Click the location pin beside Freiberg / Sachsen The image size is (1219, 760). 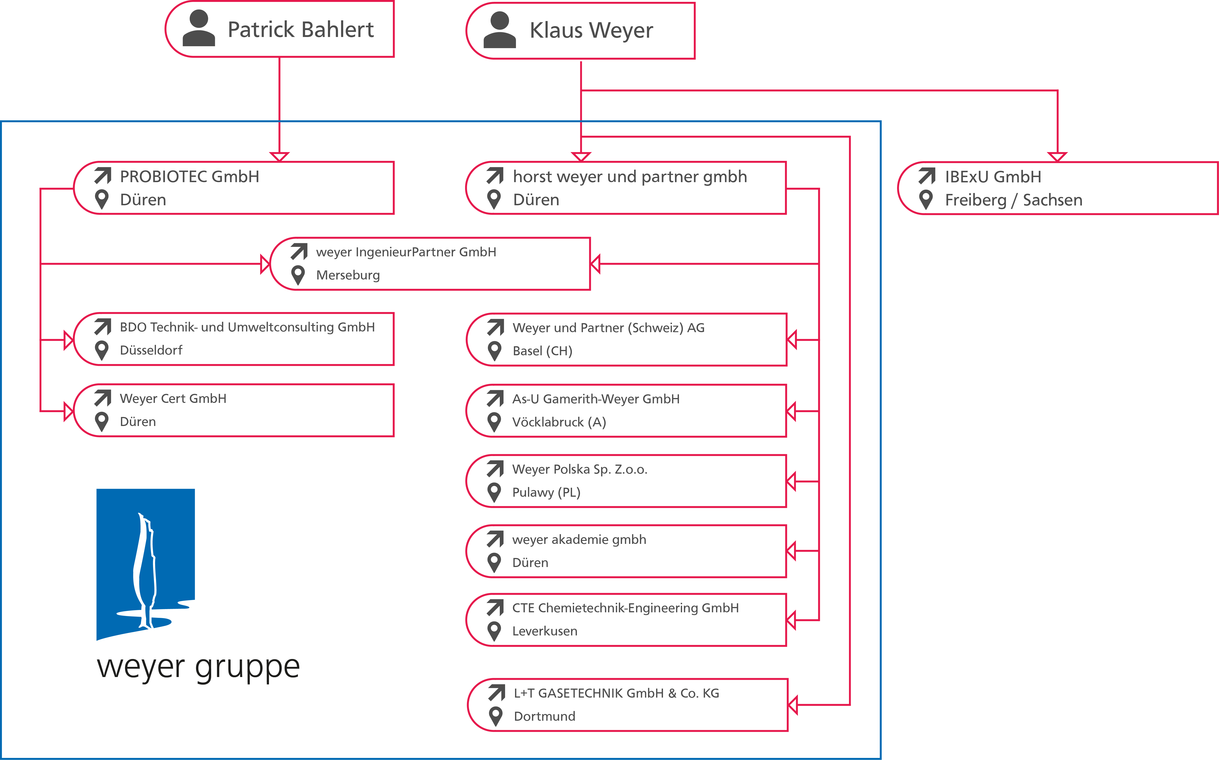point(926,199)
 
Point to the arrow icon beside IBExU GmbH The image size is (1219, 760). point(927,176)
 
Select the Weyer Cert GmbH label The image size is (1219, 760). point(173,398)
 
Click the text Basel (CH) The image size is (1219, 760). point(542,351)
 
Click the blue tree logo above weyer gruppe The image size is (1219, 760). point(145,563)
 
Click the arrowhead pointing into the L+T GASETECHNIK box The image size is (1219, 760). point(793,705)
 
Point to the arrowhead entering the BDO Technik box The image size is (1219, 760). point(68,340)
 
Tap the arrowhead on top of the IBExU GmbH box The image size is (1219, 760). point(1057,157)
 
